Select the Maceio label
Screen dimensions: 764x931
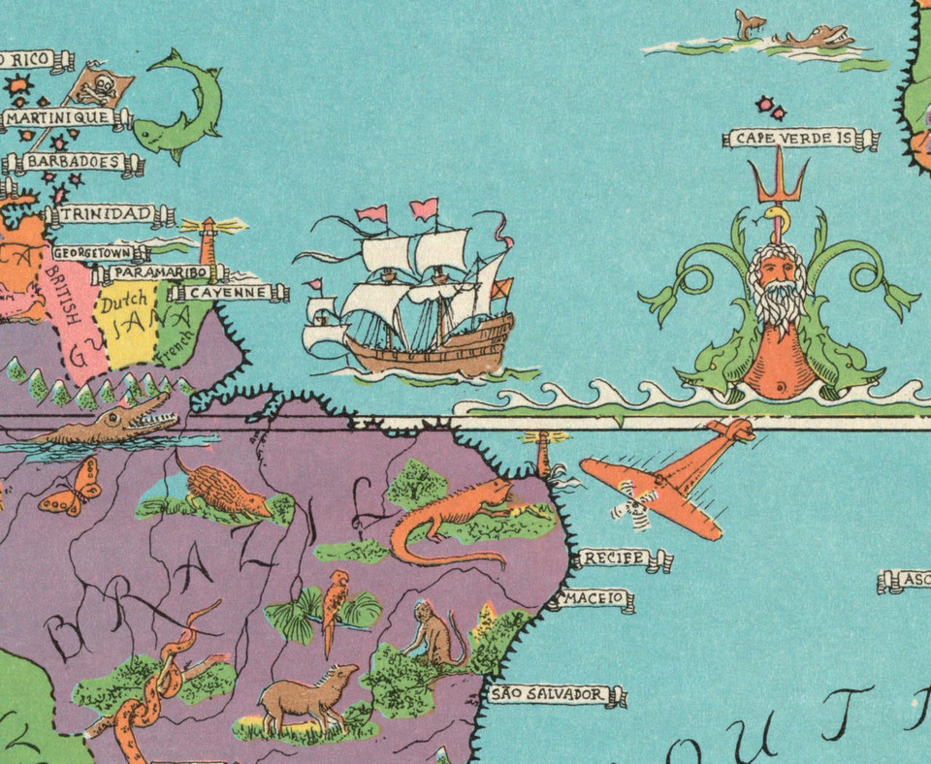[x=594, y=599]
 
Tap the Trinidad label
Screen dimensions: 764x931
[x=105, y=214]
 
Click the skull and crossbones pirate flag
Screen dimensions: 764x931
[x=100, y=87]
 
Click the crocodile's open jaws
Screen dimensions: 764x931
[x=155, y=417]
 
